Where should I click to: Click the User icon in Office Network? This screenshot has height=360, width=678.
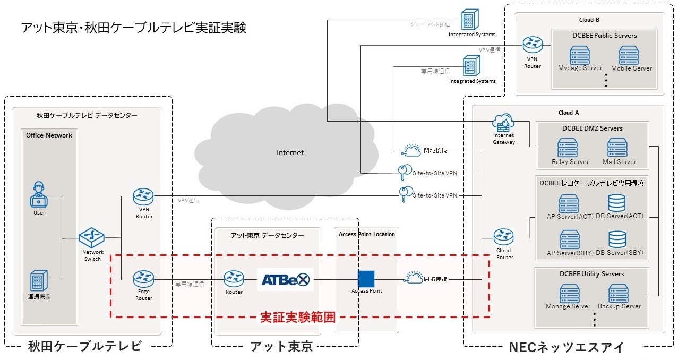coord(39,195)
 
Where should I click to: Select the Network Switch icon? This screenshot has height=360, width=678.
coord(92,237)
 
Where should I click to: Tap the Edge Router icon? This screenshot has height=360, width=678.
coord(143,278)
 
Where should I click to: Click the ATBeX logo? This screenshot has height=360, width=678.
coord(285,279)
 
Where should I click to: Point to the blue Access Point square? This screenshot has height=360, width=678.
coord(366,279)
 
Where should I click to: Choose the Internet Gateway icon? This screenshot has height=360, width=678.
coord(503,123)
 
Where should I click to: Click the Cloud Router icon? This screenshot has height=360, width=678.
coord(503,237)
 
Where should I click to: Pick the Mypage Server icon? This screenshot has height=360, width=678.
coord(580,55)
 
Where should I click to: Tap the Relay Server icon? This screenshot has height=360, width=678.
coord(568,148)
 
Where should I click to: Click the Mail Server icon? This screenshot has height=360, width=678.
coord(618,148)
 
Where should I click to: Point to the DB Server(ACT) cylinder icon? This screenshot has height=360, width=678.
coord(617,203)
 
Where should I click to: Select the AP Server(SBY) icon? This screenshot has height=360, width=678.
coord(570,239)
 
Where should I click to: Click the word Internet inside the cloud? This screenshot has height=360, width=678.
coord(290,153)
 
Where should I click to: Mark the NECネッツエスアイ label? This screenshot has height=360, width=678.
coord(565,348)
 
